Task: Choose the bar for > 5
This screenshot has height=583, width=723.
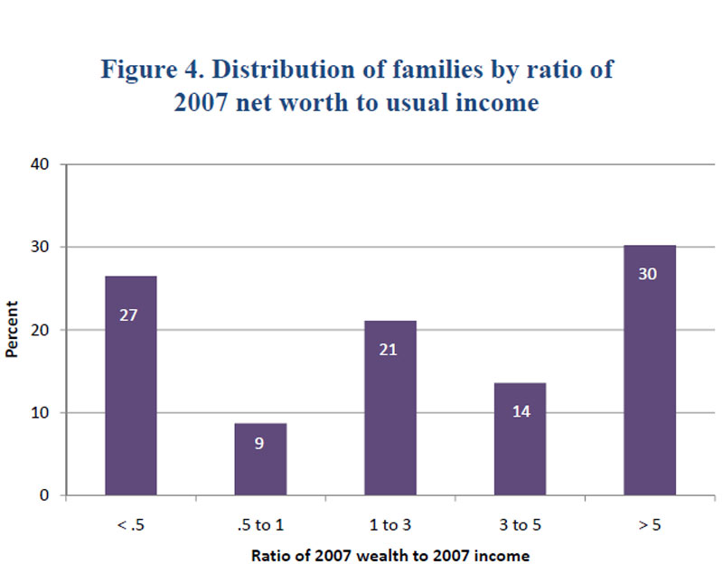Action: coord(648,371)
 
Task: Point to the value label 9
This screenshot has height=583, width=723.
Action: coord(260,444)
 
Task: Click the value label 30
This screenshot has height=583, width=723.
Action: coord(648,272)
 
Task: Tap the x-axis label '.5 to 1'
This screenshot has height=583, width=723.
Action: coord(260,523)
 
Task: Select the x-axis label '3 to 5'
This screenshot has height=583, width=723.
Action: coord(520,523)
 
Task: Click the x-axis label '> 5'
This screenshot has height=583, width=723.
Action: coord(648,523)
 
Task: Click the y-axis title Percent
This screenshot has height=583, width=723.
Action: coord(13,331)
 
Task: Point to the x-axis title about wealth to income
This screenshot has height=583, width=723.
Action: coord(390,557)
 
